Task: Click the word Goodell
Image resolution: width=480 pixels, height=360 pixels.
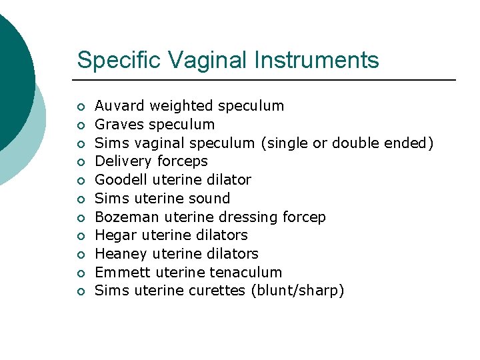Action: pos(121,179)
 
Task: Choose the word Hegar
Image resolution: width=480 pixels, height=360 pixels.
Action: pos(114,235)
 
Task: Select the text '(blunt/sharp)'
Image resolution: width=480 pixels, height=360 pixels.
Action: pos(297,291)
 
